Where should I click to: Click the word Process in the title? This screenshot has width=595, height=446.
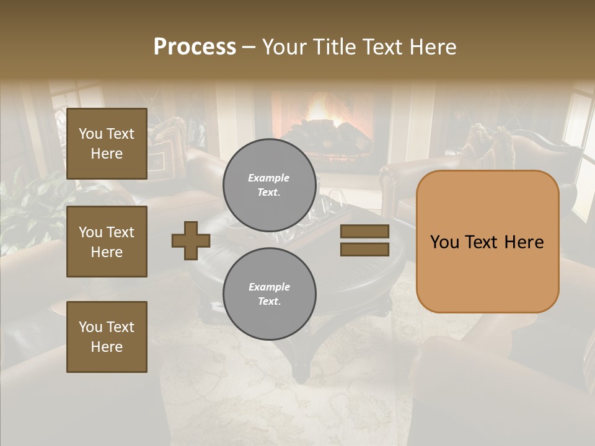tap(195, 47)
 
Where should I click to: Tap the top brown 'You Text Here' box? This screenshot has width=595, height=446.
tap(107, 144)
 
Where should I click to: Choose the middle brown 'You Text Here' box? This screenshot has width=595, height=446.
tap(107, 242)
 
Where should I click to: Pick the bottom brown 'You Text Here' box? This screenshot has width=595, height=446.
tap(107, 337)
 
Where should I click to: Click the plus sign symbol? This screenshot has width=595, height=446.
tap(191, 240)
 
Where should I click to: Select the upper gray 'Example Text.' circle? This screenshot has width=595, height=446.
tap(270, 185)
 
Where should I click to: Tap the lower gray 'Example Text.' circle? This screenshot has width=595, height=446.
tap(270, 294)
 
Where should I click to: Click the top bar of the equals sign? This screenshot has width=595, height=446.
tap(364, 232)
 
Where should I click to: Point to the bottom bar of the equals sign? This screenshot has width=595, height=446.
tap(364, 249)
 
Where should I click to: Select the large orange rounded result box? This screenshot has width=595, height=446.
tap(487, 242)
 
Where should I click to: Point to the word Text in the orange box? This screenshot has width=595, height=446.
tap(485, 242)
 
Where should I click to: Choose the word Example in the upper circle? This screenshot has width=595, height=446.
tap(268, 178)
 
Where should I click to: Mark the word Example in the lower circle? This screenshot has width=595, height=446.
tap(269, 287)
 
